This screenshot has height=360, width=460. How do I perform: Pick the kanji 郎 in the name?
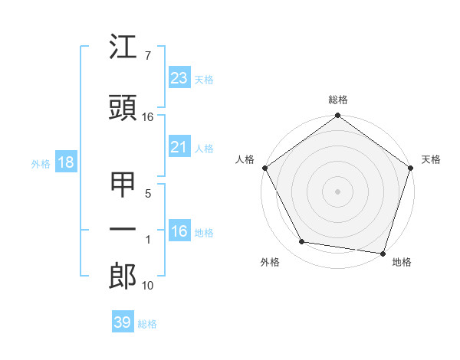click(123, 275)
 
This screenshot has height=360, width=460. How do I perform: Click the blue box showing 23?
click(179, 78)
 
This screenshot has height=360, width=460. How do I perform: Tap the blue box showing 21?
click(179, 148)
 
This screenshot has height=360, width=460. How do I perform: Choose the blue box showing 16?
click(179, 232)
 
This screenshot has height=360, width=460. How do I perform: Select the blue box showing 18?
click(65, 162)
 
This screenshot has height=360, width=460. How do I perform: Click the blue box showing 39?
click(123, 322)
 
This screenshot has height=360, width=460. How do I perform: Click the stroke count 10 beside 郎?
click(148, 286)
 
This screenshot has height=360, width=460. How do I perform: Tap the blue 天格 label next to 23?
click(204, 79)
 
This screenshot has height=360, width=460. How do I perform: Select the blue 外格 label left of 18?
click(41, 163)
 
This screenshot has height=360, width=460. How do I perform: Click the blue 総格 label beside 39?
click(147, 324)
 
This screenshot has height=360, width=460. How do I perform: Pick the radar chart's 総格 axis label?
click(338, 100)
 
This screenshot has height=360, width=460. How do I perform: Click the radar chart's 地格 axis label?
click(402, 262)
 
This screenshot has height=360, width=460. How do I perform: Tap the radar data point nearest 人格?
click(265, 168)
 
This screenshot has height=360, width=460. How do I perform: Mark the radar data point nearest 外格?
click(302, 242)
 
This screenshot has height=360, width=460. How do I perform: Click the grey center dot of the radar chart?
click(337, 191)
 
